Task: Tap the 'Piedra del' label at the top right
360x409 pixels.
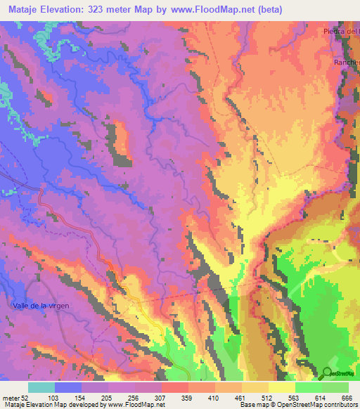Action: coord(341,31)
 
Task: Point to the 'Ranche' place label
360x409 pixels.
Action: coord(346,62)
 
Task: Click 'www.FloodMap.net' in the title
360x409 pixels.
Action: coord(214,10)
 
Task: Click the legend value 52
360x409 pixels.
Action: coord(25,397)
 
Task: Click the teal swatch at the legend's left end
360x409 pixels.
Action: coord(41,387)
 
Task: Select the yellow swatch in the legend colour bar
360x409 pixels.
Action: coord(281,387)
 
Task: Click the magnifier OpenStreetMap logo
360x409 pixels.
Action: coord(327,372)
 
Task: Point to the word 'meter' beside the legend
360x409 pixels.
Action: coord(11,397)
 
